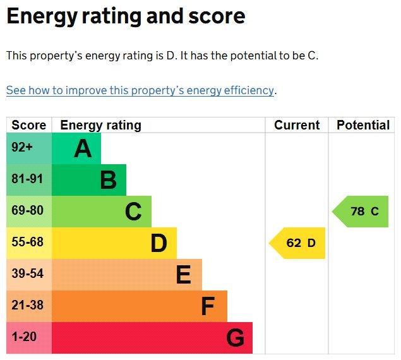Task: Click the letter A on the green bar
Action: (x=83, y=148)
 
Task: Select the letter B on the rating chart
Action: (x=109, y=180)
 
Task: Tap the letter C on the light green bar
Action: (x=133, y=212)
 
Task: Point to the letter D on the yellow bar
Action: (x=159, y=243)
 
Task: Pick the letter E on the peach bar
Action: (x=184, y=275)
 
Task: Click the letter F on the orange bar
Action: (x=208, y=306)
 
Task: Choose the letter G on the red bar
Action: (x=236, y=338)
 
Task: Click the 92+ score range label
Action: (x=22, y=147)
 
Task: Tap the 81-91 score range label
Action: (x=27, y=179)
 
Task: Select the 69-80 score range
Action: (x=27, y=210)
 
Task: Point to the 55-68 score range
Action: (x=27, y=242)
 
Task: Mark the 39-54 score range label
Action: (x=27, y=273)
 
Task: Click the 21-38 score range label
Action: (x=27, y=305)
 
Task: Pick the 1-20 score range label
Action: (x=24, y=337)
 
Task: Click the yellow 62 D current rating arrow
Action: (x=297, y=243)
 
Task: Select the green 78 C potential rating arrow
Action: (x=360, y=212)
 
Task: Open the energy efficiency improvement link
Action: (x=140, y=90)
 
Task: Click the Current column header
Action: (x=297, y=125)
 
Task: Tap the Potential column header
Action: (x=363, y=125)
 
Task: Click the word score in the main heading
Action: (x=217, y=16)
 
